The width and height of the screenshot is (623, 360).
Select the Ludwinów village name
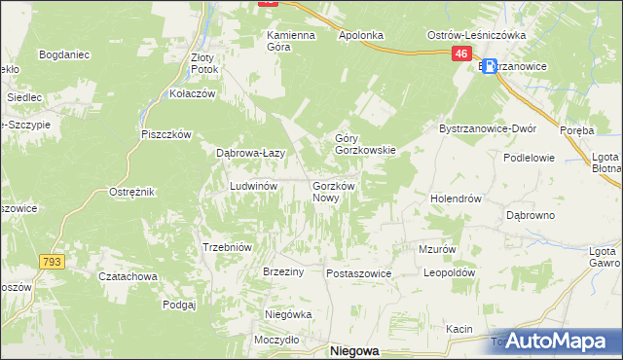(254, 185)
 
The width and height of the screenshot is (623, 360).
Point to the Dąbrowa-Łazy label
(250, 153)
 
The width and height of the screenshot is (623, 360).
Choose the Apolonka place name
(360, 35)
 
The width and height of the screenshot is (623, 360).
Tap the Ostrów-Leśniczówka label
(477, 35)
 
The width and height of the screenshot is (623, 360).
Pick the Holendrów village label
(457, 198)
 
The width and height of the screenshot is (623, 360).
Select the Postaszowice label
(358, 274)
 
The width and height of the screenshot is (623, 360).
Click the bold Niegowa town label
(354, 349)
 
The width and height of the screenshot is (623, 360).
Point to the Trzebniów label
(227, 247)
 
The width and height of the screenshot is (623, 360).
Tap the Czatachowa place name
(128, 276)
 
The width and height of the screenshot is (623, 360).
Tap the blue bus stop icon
(489, 67)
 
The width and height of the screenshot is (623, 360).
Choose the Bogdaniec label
(64, 54)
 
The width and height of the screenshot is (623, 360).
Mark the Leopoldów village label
(449, 273)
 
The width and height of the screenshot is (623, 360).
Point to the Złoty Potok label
(205, 63)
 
